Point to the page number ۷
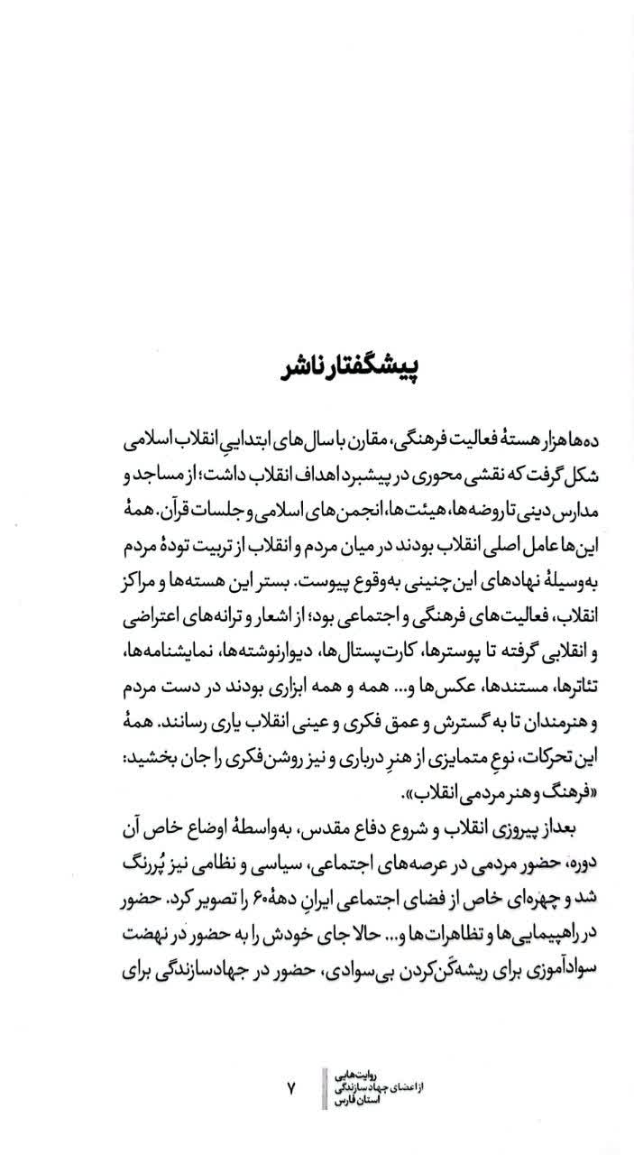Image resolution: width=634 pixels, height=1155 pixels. (291, 1088)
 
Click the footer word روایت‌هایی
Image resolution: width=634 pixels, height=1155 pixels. (360, 1075)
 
